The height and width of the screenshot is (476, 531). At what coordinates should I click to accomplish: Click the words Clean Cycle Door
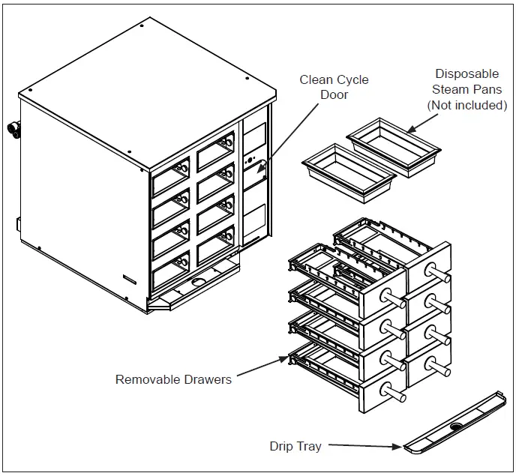point(334,87)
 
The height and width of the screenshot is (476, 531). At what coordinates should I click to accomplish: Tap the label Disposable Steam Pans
point(466,82)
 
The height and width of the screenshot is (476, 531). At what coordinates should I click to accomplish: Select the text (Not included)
point(466,106)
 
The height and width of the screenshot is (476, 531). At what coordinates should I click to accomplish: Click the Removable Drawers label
point(173,379)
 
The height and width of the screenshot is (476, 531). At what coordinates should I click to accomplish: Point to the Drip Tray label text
point(295,447)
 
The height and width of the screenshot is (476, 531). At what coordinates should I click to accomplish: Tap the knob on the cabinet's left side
point(13,128)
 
